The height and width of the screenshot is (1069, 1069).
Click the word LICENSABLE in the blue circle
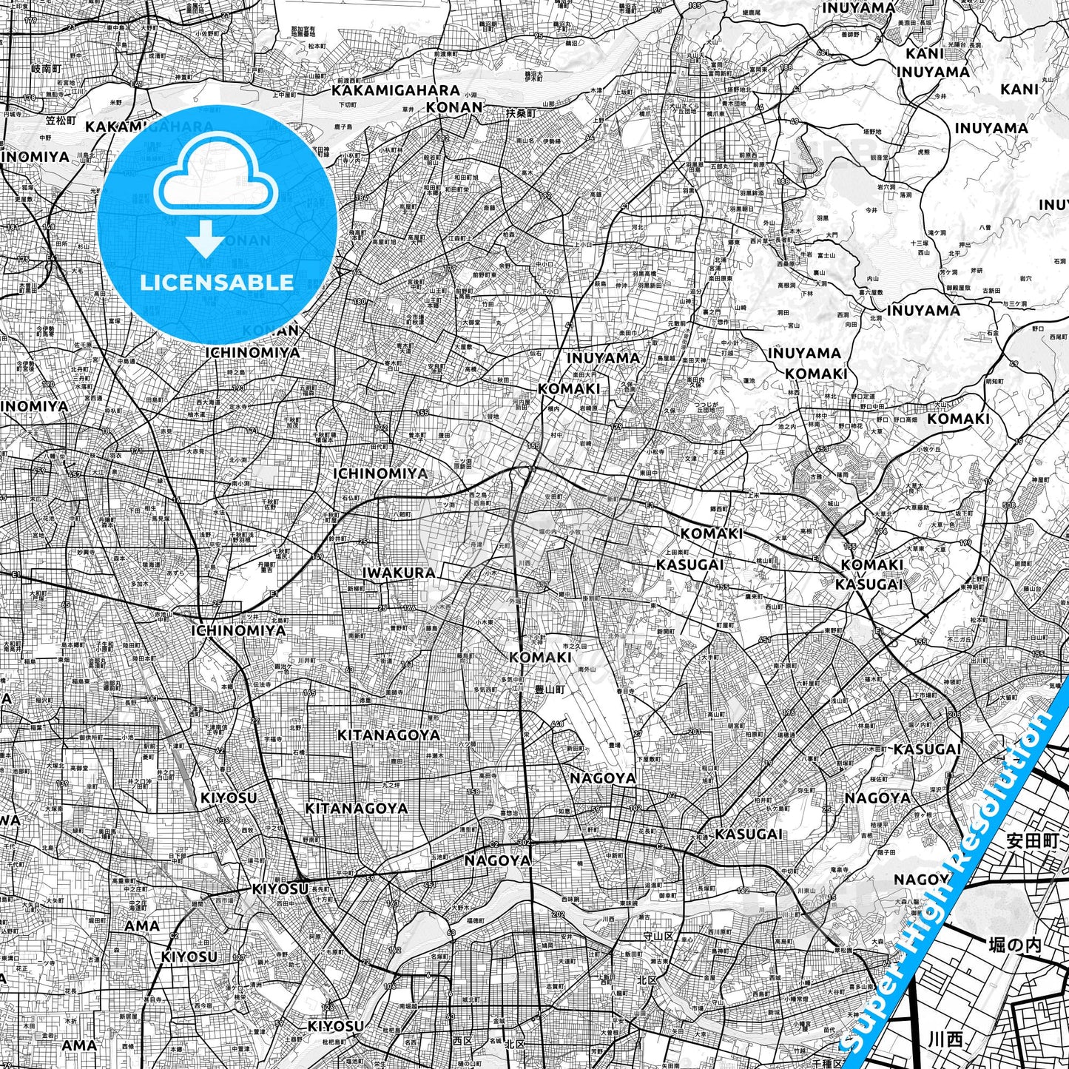pos(217,282)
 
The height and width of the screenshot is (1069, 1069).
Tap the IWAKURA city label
pos(399,573)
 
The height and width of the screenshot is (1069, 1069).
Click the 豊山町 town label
pos(550,687)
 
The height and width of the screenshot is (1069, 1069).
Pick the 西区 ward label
pos(462,1041)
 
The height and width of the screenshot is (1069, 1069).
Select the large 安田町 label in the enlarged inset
pos(1032,840)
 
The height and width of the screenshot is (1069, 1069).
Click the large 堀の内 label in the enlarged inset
pos(1014,945)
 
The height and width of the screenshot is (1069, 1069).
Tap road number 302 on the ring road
pos(525,842)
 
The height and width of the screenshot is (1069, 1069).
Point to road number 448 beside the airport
pos(557,724)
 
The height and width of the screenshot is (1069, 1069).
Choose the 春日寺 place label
pos(625,691)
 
